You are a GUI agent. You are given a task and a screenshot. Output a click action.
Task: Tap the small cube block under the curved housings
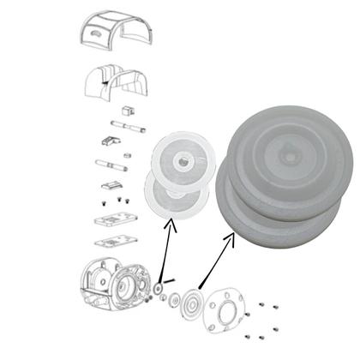click(129, 111)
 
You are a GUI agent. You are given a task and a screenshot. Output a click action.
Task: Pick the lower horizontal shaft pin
click(111, 163)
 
